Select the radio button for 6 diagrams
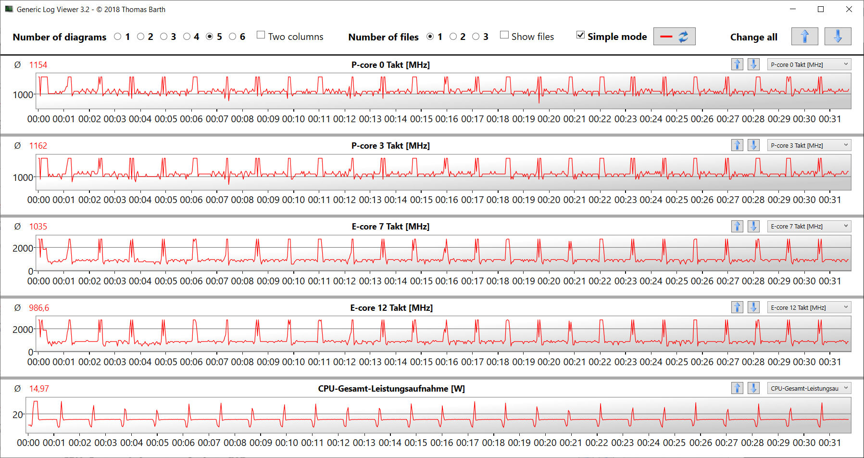click(233, 37)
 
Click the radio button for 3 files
click(476, 37)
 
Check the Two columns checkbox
click(261, 35)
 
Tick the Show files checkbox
click(504, 35)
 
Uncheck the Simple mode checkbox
click(581, 35)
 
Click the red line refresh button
click(674, 37)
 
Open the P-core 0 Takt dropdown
click(809, 64)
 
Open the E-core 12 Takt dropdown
click(809, 307)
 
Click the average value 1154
click(38, 65)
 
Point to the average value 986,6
click(39, 308)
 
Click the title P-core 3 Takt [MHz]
click(390, 146)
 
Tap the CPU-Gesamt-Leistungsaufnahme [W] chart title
click(391, 389)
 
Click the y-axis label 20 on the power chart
click(18, 414)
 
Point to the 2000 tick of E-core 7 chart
click(23, 248)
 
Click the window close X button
click(849, 9)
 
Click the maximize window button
click(821, 9)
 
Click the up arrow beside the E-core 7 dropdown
click(737, 226)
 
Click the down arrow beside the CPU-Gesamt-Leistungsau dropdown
click(753, 388)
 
